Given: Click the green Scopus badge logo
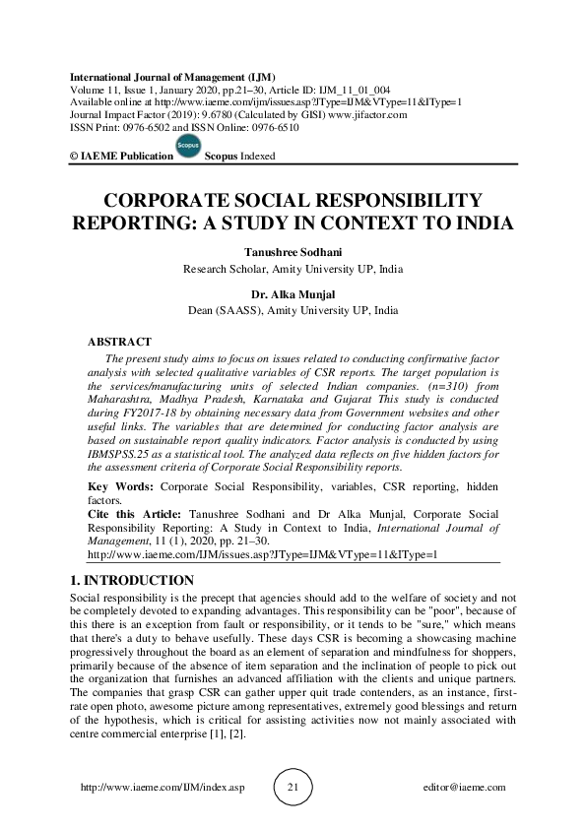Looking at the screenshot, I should (x=187, y=147).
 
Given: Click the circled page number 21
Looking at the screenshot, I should (x=293, y=788).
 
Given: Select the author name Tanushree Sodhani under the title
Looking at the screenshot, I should (x=293, y=251).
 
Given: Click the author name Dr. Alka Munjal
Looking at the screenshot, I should (x=293, y=292).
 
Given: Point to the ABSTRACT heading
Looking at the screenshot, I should (x=120, y=342).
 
